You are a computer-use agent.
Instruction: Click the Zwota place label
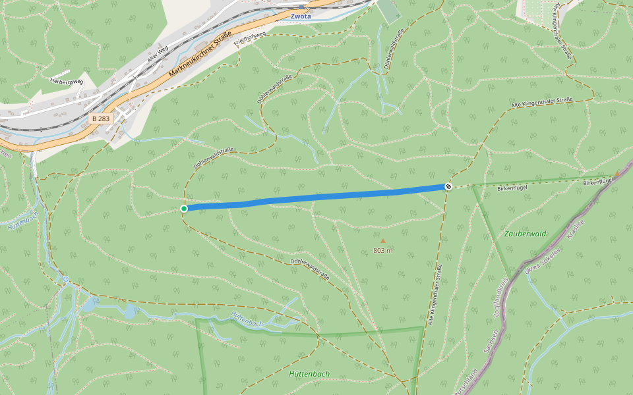301,16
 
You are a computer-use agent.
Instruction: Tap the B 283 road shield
101,118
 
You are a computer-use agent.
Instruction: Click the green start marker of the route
184,209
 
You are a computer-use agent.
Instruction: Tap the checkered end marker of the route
448,187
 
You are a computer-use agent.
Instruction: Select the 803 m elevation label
383,251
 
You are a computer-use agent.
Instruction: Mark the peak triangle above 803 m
383,241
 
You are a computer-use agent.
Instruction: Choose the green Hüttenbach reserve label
309,374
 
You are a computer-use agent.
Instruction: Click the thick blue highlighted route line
316,197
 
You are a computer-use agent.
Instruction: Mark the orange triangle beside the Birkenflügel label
617,174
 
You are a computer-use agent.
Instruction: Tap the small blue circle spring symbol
66,279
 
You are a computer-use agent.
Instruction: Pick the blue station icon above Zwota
301,7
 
